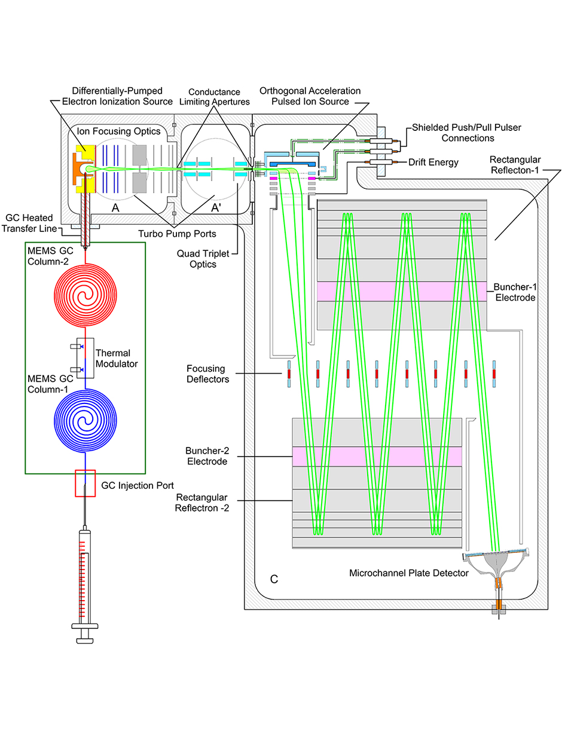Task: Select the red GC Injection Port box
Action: [x=85, y=484]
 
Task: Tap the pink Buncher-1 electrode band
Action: [x=402, y=291]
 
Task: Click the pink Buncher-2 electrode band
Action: [x=377, y=456]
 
